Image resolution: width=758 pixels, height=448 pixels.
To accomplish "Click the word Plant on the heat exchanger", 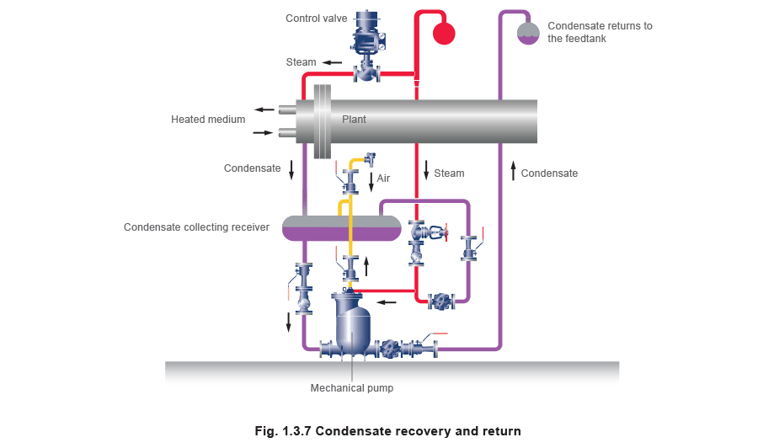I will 354,120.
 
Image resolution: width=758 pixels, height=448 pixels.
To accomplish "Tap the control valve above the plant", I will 366,46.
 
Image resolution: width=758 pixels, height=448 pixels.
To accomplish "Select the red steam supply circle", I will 443,33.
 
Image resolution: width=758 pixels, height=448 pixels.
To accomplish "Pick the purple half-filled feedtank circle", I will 528,33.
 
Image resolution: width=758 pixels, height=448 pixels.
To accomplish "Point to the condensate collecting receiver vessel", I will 341,228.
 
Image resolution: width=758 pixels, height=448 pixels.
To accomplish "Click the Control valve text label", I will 316,18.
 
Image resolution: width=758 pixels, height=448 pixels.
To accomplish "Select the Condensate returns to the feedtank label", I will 599,32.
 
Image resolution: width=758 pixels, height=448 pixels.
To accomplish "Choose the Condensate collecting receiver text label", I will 196,227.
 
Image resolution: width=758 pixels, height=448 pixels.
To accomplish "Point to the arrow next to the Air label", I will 371,179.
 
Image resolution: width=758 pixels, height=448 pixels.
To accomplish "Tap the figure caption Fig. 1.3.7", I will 387,431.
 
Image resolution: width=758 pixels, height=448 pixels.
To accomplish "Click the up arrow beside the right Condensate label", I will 513,173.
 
